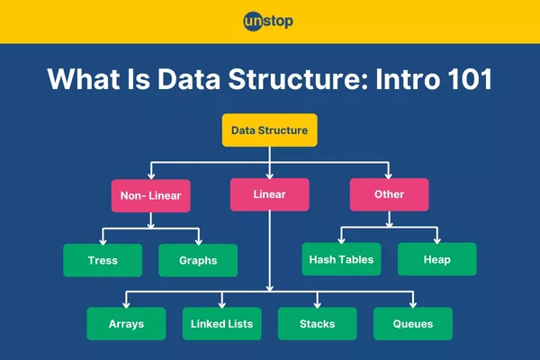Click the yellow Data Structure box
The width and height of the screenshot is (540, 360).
[269, 130]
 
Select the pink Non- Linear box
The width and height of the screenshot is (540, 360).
[150, 194]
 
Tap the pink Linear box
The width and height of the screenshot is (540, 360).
[269, 194]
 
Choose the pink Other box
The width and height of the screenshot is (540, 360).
[389, 194]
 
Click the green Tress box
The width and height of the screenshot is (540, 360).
[103, 260]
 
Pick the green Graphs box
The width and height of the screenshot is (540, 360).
[198, 260]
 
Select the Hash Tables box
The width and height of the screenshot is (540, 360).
[341, 260]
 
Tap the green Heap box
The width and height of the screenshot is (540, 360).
[436, 260]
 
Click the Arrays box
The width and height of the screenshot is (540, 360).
[126, 324]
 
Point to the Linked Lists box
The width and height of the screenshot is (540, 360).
[222, 324]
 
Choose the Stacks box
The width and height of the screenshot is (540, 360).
[318, 324]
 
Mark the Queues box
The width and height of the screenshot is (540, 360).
[413, 324]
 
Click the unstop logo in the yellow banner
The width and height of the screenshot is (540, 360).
[269, 22]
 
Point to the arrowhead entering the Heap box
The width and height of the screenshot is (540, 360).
[436, 239]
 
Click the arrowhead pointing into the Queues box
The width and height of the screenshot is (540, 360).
[413, 303]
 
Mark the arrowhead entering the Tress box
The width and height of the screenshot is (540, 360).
[103, 239]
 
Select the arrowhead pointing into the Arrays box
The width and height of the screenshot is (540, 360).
[126, 303]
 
